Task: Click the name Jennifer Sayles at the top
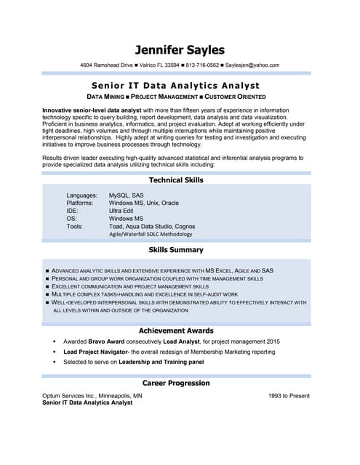pos(180,49)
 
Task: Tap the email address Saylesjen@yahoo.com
pos(252,65)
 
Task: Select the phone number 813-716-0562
pos(202,65)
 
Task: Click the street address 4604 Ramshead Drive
pos(107,65)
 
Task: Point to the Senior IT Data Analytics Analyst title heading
pos(180,85)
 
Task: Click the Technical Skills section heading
pos(176,179)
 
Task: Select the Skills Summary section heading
pos(176,249)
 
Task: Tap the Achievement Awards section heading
pos(176,331)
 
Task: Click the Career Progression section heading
pos(176,383)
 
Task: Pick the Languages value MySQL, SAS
pos(127,195)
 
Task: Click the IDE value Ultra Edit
pos(121,211)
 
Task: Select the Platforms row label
pos(80,203)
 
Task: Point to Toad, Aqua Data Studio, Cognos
pos(152,226)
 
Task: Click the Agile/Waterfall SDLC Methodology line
pos(151,234)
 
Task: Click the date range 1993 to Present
pos(289,396)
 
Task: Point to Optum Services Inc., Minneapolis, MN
pos(92,396)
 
